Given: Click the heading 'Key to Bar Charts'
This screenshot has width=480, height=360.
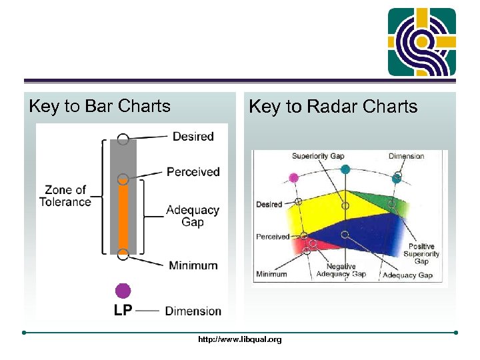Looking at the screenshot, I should [x=100, y=106].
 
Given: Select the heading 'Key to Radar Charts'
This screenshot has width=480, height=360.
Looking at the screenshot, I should [x=333, y=107].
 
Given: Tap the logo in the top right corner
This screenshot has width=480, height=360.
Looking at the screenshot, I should [x=422, y=42].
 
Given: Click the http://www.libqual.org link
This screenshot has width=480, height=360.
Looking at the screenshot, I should [x=240, y=339].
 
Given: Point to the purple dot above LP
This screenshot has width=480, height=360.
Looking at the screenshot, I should [x=123, y=291].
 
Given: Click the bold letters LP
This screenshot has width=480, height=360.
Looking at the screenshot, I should [x=123, y=310].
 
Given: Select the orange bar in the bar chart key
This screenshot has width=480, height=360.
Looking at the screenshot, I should [x=123, y=217].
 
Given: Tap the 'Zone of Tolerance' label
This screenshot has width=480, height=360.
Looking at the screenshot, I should [x=65, y=196].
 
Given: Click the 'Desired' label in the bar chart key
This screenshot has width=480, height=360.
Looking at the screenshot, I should [x=193, y=137].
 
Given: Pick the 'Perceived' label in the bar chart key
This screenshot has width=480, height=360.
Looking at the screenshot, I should [x=193, y=172].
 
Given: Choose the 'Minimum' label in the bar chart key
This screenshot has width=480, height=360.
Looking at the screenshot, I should [x=193, y=265].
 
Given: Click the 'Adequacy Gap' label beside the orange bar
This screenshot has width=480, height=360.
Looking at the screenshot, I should [x=192, y=216].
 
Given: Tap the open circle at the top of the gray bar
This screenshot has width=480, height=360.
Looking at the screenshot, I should [x=123, y=139].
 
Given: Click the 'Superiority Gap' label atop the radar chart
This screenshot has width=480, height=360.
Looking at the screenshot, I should [x=317, y=156].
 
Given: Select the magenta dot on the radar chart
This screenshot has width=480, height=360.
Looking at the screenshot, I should [x=293, y=177].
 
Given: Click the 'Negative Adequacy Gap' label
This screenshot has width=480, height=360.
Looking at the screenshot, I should [x=341, y=270].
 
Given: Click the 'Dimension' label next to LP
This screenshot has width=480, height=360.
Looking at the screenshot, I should [x=193, y=311].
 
